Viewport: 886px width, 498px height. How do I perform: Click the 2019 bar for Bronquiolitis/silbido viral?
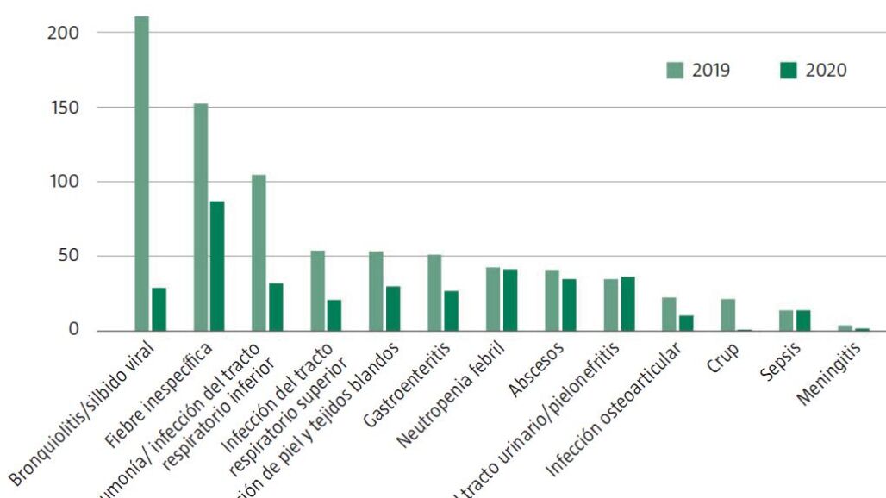click(x=141, y=173)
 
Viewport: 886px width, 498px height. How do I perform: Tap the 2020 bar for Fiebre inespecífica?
click(x=217, y=266)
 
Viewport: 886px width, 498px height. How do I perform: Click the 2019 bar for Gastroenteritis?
click(x=434, y=293)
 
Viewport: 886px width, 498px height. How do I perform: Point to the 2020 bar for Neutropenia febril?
click(x=510, y=301)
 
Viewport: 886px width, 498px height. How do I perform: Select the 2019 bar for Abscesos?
click(x=552, y=301)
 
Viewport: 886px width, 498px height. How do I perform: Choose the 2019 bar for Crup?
click(x=727, y=315)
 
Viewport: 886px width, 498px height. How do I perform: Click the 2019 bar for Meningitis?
click(x=845, y=327)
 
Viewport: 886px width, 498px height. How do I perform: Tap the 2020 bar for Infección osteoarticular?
click(x=686, y=323)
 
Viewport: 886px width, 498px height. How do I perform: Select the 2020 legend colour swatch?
click(x=788, y=71)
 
